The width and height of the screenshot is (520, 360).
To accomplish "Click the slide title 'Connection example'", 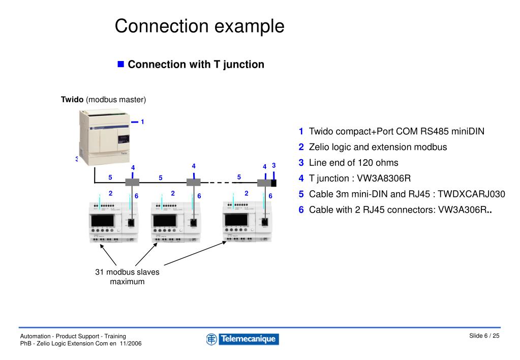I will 199,26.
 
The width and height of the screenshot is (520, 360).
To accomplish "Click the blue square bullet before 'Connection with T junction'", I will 121,64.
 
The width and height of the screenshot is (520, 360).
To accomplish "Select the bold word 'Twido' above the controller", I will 72,99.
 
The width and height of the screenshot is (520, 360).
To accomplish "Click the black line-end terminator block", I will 273,183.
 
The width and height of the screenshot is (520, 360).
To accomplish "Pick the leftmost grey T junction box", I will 132,182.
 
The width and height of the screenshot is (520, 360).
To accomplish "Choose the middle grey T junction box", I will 193,182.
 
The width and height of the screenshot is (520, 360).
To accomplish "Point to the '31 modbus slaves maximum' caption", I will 127,277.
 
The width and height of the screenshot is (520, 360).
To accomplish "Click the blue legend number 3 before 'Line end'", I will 301,163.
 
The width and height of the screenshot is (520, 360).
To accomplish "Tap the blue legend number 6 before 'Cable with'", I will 301,210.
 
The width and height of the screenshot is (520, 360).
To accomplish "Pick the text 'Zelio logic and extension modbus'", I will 378,147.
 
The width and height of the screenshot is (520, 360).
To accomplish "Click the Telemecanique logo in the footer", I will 242,339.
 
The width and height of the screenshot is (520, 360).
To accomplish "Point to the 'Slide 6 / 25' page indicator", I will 484,336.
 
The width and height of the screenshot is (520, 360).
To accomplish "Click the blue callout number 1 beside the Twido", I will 143,122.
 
